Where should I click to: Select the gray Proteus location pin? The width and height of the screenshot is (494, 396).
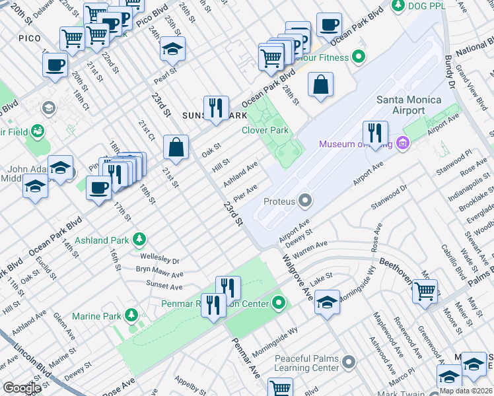(304, 199)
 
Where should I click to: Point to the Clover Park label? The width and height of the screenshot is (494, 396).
(265, 130)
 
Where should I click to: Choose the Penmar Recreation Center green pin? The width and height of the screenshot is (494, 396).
(279, 303)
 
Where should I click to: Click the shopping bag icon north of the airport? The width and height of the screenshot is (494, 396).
(320, 85)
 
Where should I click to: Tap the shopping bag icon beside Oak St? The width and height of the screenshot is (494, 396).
(176, 148)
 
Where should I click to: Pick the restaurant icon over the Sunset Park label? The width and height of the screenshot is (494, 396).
(215, 108)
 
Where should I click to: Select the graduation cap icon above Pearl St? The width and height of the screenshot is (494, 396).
(172, 49)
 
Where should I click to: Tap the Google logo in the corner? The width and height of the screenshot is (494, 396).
(22, 388)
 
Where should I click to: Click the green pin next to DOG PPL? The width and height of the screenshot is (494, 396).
(398, 6)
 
